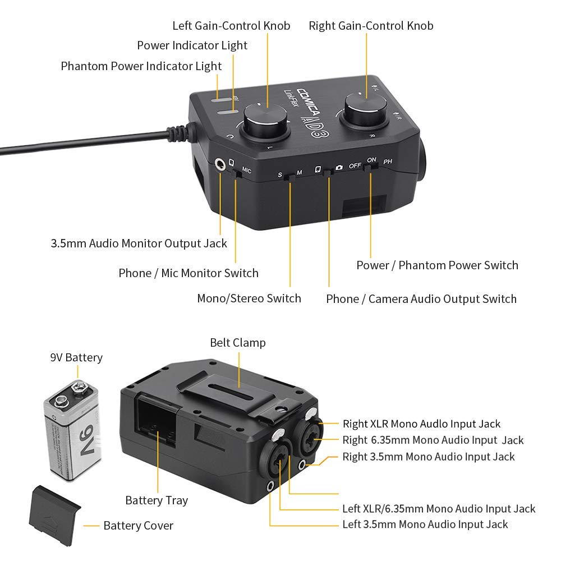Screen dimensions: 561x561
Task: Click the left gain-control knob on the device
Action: (x=266, y=120)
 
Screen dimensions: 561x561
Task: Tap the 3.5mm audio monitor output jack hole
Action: (x=220, y=164)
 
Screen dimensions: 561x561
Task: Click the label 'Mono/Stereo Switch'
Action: (x=249, y=298)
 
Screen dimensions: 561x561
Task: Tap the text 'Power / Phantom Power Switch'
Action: (x=437, y=265)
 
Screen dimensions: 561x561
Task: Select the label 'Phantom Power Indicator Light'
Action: (x=141, y=66)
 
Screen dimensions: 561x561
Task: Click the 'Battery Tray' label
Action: (x=157, y=500)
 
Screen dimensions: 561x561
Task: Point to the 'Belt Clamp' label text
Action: (x=237, y=343)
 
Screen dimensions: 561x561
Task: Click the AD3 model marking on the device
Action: (x=315, y=126)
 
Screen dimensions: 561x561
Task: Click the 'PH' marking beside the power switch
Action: (x=388, y=162)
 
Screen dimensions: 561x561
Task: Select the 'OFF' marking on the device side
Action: (x=355, y=165)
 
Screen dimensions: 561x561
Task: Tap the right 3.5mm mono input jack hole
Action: (x=302, y=465)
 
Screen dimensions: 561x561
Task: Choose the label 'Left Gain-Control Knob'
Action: (x=231, y=26)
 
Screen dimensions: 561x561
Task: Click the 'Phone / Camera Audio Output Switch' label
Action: (x=421, y=299)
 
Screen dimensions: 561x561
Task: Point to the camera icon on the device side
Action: (x=339, y=167)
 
